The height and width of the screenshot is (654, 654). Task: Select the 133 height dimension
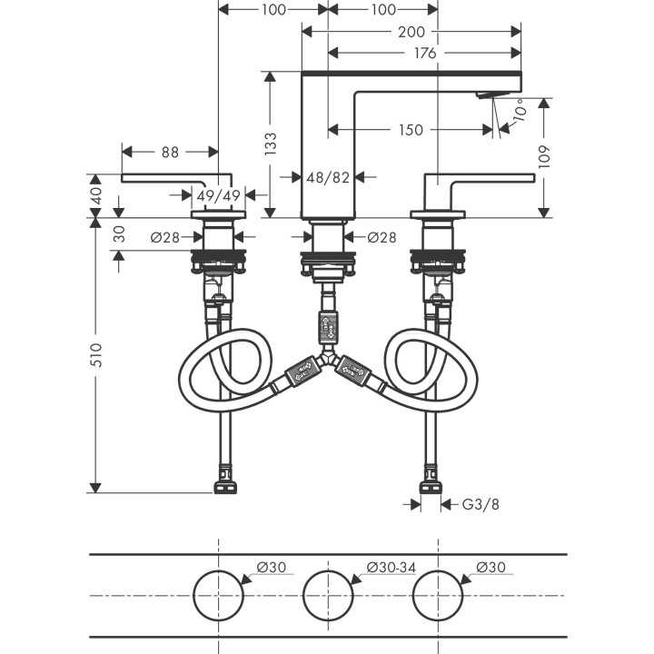(271, 143)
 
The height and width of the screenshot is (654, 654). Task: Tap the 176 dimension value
(424, 54)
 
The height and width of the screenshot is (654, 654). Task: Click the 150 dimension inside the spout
(410, 130)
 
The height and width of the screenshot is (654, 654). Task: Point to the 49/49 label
(218, 194)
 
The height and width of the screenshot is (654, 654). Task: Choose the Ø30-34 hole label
(391, 568)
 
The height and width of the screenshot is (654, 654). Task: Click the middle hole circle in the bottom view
(328, 596)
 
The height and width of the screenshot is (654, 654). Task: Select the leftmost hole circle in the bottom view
(218, 596)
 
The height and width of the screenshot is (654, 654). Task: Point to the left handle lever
(173, 177)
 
